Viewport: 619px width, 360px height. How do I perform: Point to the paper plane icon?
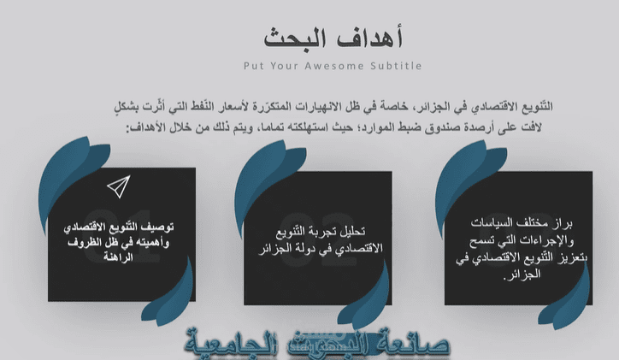(118, 185)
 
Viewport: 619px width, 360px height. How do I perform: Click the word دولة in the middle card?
(301, 248)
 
